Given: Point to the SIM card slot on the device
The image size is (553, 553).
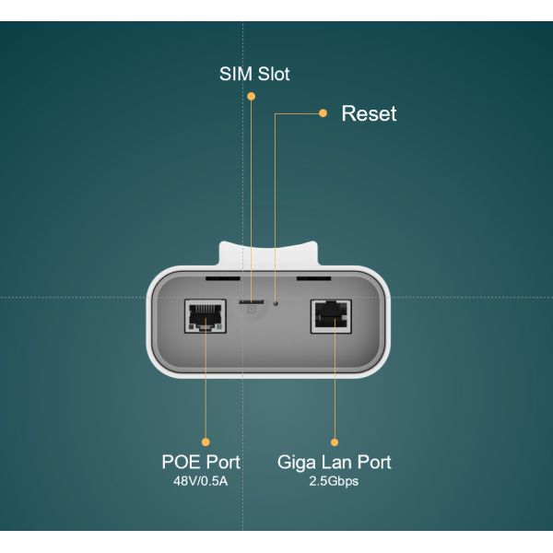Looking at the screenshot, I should click(x=248, y=301).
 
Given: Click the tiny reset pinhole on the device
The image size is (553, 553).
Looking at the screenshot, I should click(x=276, y=301).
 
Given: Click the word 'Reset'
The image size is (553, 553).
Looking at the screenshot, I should click(x=369, y=114).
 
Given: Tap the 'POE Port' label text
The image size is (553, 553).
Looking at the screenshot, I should click(x=201, y=462).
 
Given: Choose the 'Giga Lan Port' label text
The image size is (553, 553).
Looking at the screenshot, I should click(x=335, y=462).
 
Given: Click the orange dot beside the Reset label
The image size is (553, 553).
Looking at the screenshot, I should click(x=323, y=113).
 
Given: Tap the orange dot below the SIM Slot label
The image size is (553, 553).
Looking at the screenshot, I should click(x=253, y=98).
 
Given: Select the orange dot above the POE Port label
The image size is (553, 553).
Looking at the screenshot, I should click(x=205, y=441).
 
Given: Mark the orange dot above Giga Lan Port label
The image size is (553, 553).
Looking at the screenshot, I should click(x=334, y=441).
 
